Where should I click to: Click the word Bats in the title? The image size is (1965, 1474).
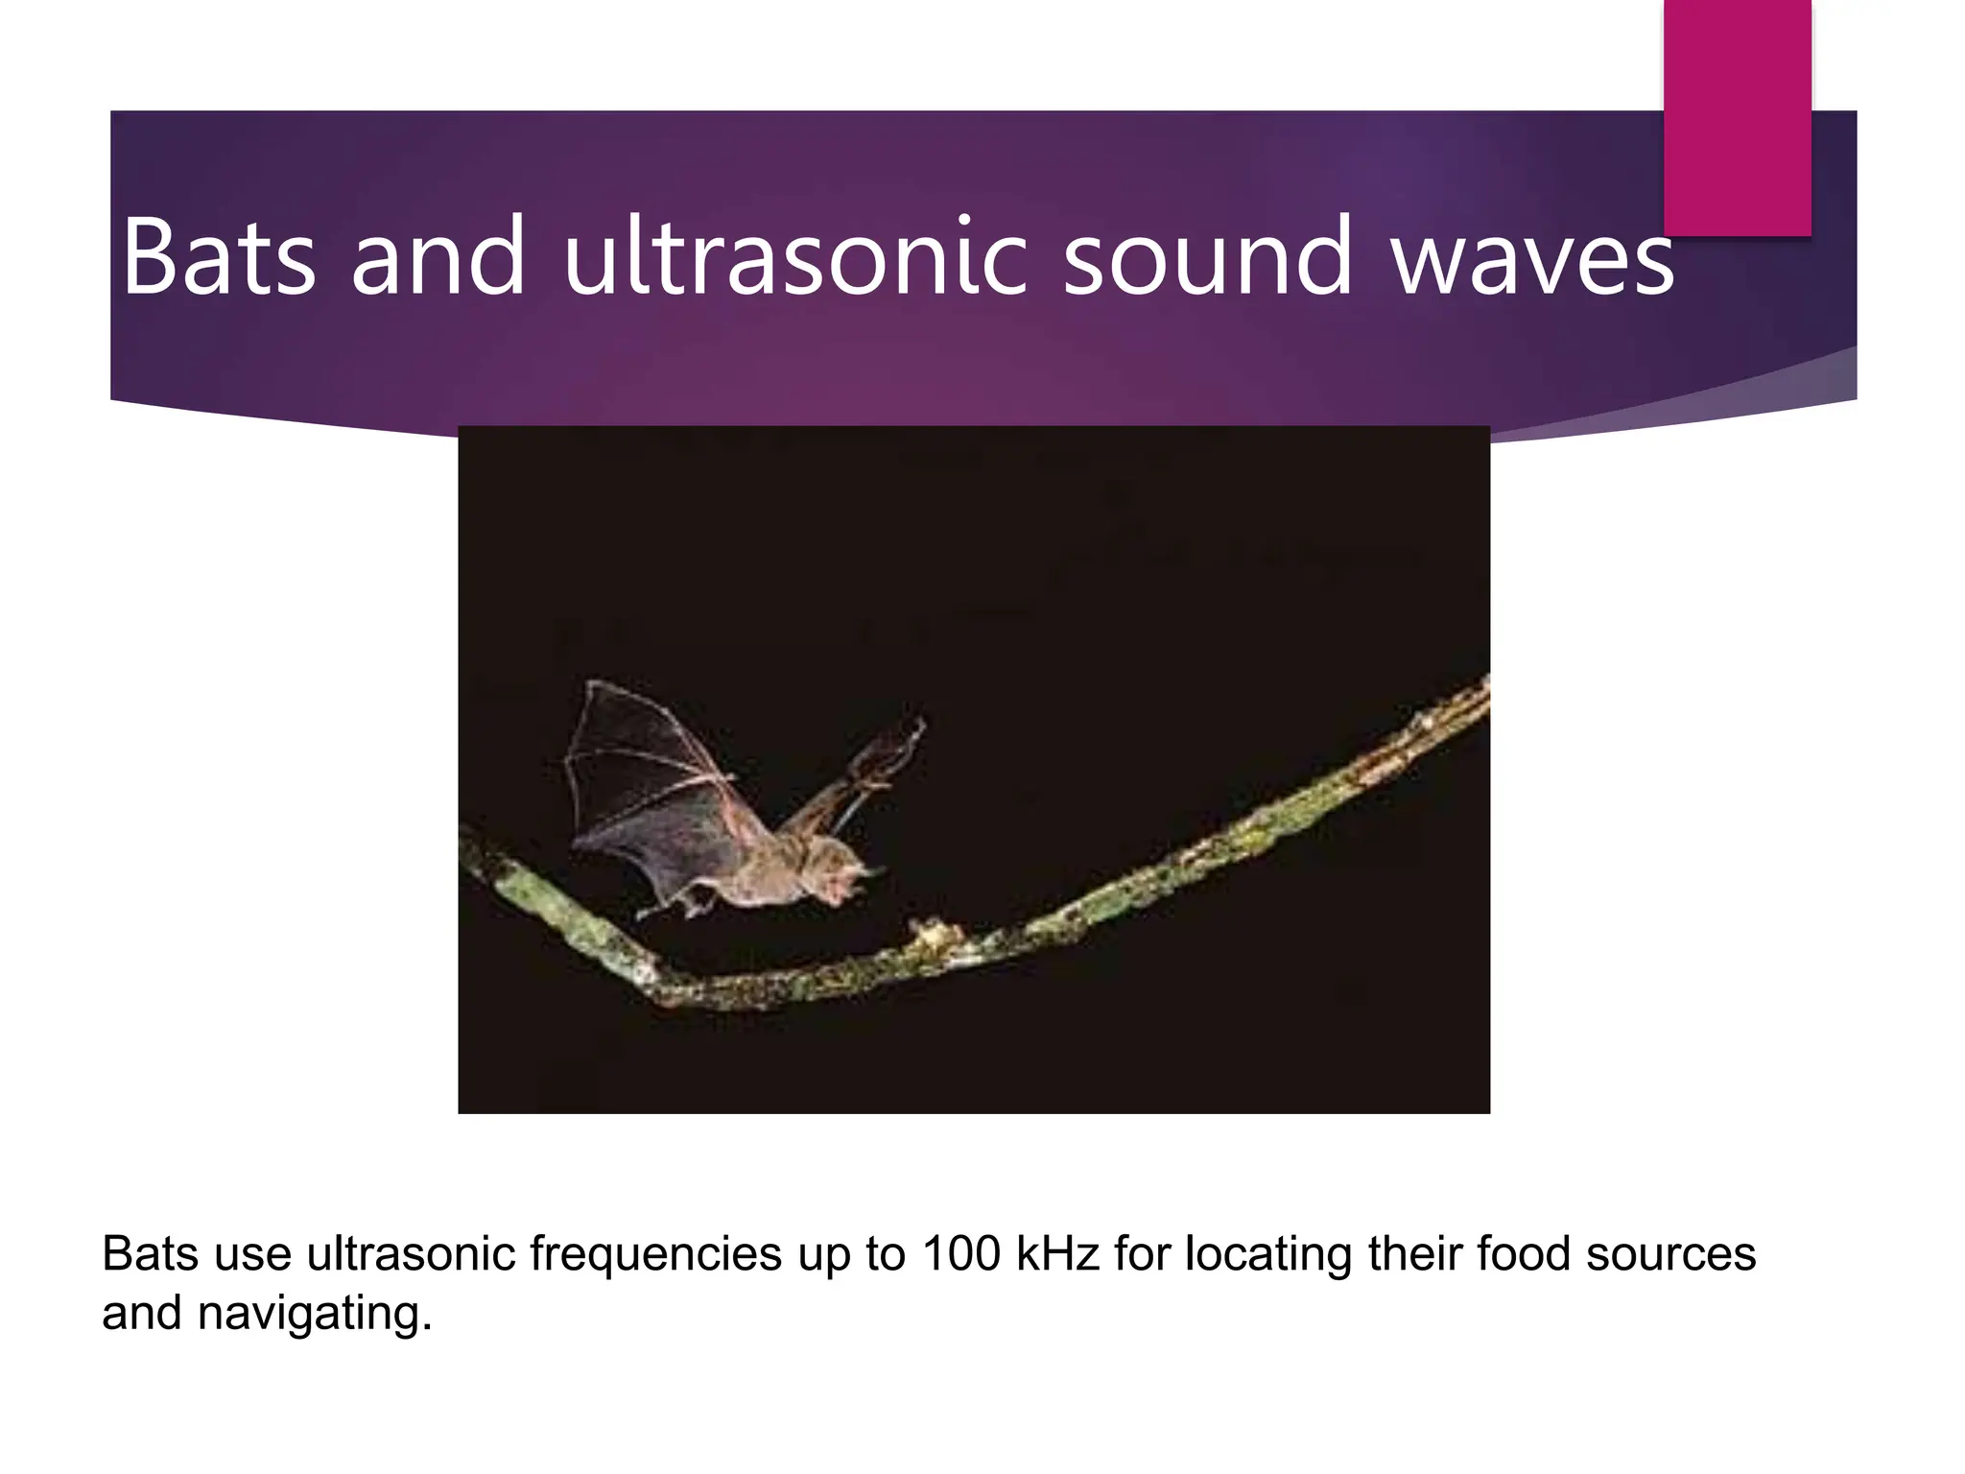(219, 257)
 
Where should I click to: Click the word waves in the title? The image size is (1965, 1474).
(1532, 257)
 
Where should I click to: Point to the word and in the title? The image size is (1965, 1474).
(438, 257)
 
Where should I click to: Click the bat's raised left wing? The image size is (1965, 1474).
(643, 768)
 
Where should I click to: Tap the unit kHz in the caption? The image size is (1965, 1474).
(1056, 1254)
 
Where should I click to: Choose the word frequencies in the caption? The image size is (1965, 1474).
(655, 1254)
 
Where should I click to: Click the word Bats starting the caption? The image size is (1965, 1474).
(150, 1254)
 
